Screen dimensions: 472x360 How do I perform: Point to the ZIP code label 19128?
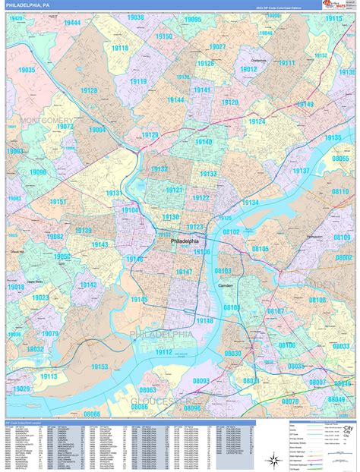point(88,90)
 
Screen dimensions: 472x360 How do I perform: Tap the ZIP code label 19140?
point(204,142)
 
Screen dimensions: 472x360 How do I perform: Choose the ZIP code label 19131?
point(114,194)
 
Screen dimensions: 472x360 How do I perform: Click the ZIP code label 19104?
point(130,210)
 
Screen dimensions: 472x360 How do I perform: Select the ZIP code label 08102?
point(231,231)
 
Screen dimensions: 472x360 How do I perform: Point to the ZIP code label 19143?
point(99,244)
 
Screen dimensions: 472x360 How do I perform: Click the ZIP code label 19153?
point(101,367)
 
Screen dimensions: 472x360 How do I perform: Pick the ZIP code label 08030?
point(233,354)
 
